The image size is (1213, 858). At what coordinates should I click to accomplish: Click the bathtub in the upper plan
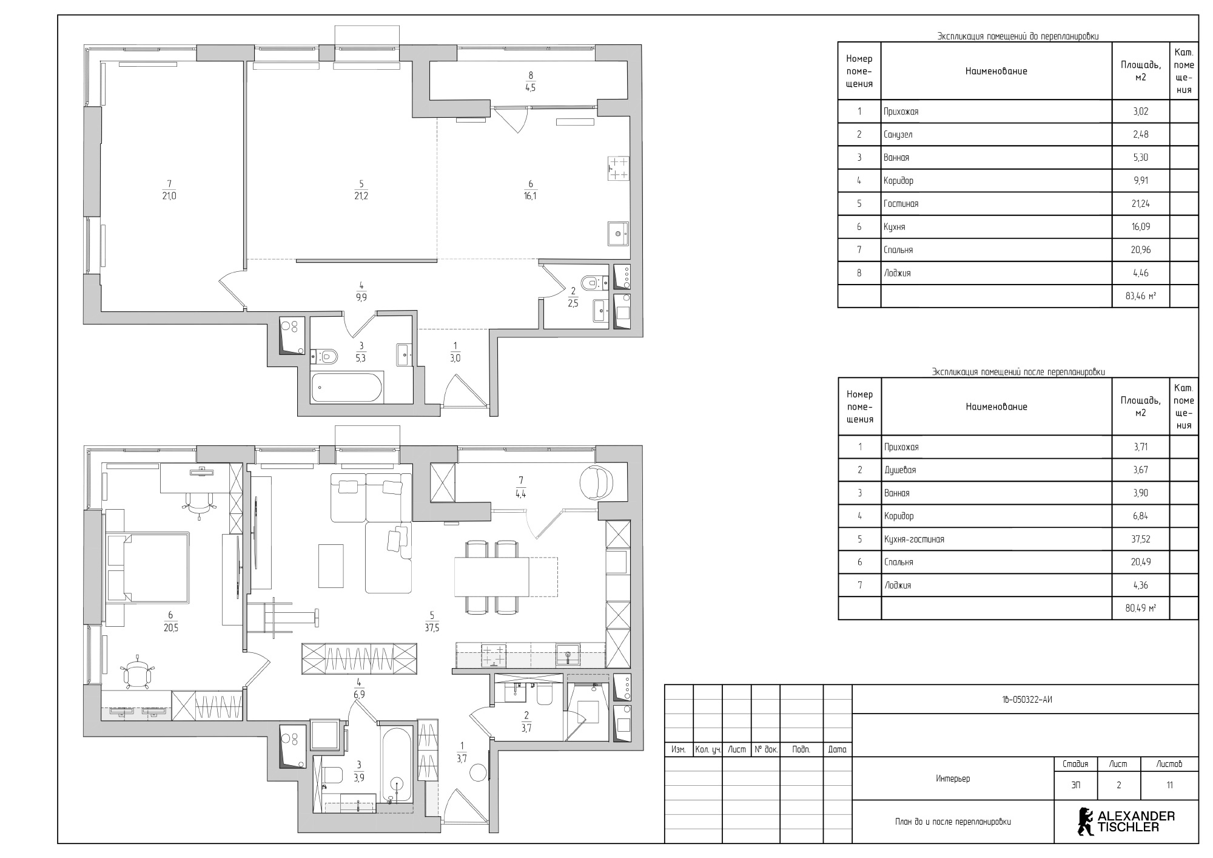(x=348, y=388)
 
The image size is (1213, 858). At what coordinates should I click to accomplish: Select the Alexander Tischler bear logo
(x=1084, y=820)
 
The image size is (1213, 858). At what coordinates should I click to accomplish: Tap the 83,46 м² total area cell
(x=1140, y=296)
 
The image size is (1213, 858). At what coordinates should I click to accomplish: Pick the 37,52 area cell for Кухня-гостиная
(x=1140, y=539)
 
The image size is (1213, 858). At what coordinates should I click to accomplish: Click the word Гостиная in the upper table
(x=901, y=204)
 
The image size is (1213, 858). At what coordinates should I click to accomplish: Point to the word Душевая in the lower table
(x=899, y=470)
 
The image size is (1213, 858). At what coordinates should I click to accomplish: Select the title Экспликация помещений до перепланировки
(x=1018, y=36)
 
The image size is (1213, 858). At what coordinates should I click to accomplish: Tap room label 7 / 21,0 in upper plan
(x=169, y=189)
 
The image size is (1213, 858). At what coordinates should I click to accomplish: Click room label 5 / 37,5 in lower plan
(x=432, y=622)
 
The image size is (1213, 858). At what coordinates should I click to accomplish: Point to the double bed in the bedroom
(x=148, y=567)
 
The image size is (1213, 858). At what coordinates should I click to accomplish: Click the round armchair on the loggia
(x=597, y=482)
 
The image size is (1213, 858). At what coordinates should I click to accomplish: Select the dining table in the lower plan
(x=492, y=577)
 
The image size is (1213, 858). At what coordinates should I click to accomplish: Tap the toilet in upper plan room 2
(x=591, y=283)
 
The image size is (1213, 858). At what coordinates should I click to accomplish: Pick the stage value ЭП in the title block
(x=1075, y=785)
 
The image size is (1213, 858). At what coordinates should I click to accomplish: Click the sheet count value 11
(x=1169, y=785)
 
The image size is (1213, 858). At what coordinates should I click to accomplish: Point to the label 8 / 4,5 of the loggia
(x=531, y=81)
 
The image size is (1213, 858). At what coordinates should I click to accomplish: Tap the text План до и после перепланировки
(x=953, y=822)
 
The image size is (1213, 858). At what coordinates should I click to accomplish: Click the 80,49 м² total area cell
(x=1140, y=608)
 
